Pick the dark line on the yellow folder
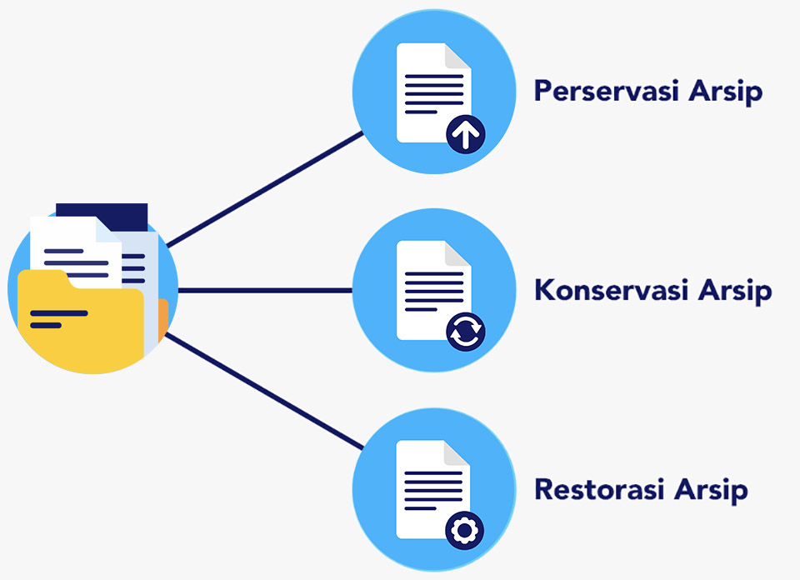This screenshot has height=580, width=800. pyautogui.click(x=58, y=314)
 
